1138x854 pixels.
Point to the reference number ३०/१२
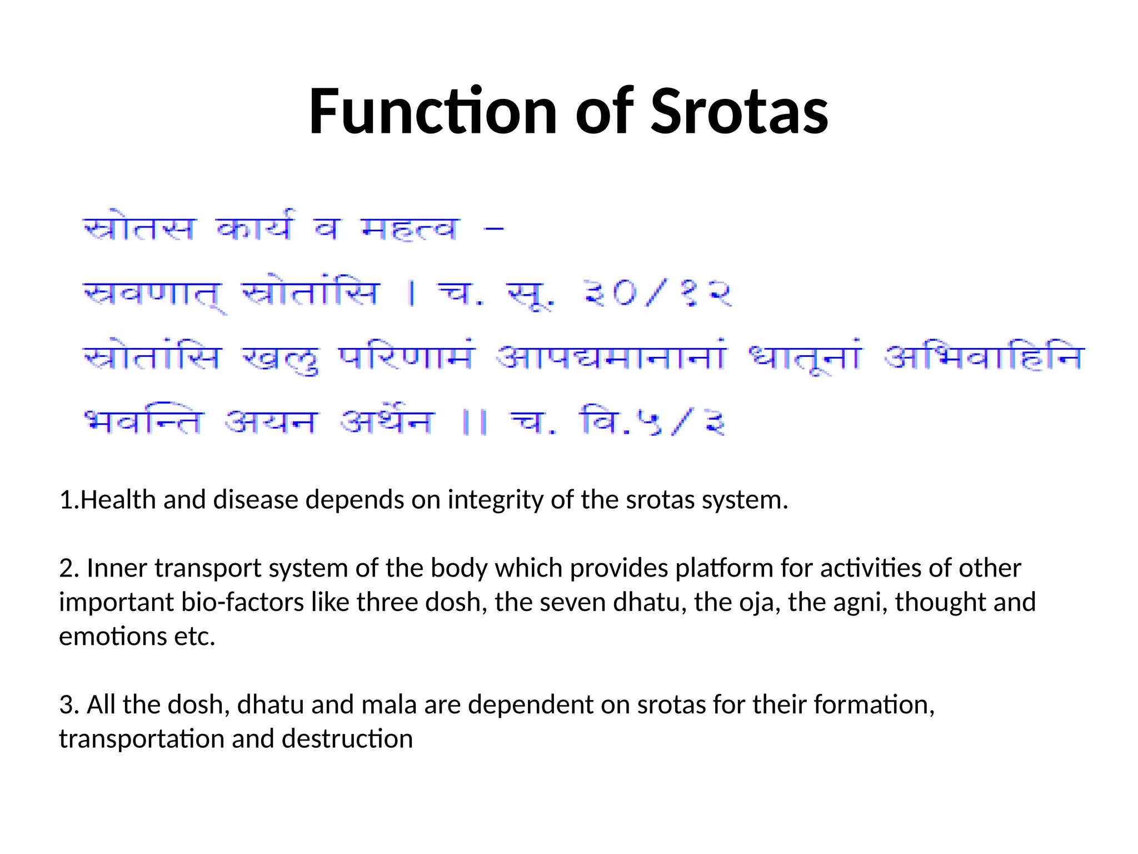tap(658, 293)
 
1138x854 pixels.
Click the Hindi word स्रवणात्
tap(153, 295)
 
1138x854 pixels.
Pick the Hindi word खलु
tap(281, 359)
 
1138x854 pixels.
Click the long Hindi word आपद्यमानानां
tap(611, 357)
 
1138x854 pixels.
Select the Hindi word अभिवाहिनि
tap(984, 357)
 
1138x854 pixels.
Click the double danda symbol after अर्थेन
tap(475, 423)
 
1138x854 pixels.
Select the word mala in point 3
tap(389, 705)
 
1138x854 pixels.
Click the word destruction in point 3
tap(347, 739)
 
